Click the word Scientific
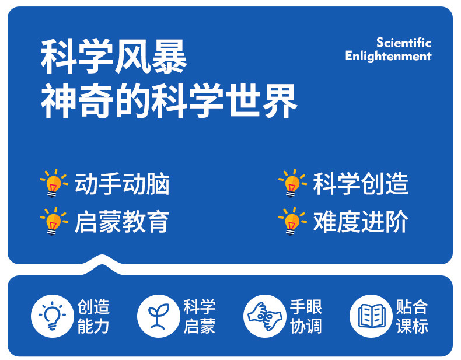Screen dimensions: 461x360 [404, 43]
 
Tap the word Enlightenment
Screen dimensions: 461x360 [389, 56]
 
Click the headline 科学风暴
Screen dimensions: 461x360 [114, 57]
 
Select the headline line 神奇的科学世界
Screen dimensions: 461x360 [169, 101]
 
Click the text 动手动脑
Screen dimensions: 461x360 [122, 184]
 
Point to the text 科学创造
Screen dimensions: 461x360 [361, 184]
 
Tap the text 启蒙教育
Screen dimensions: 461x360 [122, 222]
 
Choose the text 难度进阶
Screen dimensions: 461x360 [361, 222]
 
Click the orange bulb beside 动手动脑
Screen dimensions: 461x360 [54, 183]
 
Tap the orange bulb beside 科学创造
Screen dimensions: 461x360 [292, 183]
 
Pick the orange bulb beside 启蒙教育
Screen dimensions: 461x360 [54, 221]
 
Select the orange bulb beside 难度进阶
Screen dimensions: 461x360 [292, 221]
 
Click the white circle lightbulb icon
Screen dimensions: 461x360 [53, 316]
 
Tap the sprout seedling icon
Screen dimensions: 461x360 [159, 316]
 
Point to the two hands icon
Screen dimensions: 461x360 [265, 316]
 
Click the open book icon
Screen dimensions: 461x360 [371, 316]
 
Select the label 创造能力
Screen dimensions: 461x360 [93, 316]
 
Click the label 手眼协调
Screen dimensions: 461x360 [306, 316]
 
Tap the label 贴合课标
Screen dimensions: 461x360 [412, 316]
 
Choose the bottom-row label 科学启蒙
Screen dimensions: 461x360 [200, 316]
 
